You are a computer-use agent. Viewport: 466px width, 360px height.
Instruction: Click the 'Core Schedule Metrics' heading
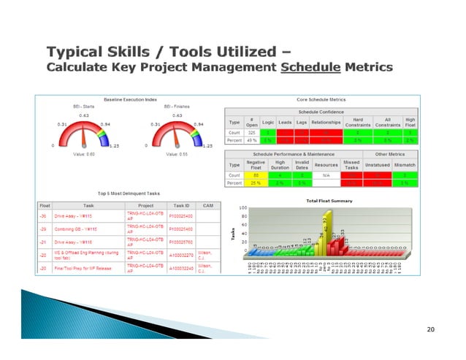(321, 99)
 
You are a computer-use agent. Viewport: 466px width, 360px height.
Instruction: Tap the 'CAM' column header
(207, 206)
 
